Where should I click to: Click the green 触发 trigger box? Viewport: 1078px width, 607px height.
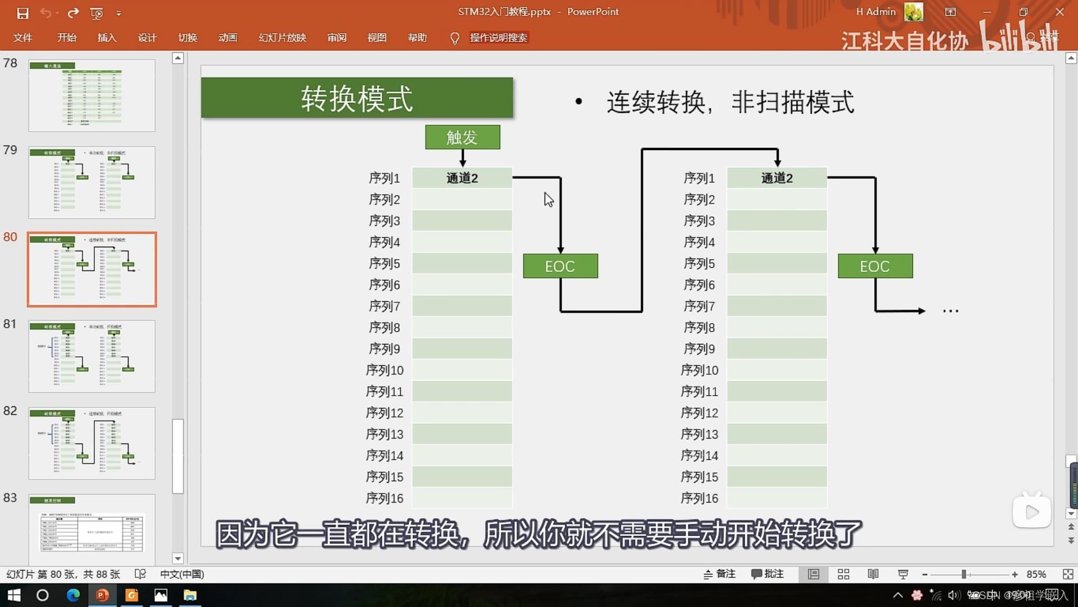click(462, 137)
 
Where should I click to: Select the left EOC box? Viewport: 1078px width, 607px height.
click(560, 266)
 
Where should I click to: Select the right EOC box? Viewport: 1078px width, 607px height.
click(875, 266)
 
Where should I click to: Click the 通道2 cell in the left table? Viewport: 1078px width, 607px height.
click(462, 178)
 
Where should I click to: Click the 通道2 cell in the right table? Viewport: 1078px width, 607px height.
click(776, 178)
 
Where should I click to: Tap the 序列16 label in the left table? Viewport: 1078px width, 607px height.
click(385, 498)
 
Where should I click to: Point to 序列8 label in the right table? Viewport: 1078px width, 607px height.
click(699, 327)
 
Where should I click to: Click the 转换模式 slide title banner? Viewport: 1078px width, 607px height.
click(357, 98)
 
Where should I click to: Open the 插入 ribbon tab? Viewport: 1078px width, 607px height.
click(107, 38)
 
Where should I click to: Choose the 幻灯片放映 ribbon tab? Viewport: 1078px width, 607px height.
click(282, 38)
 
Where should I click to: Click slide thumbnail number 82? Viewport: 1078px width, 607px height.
click(92, 443)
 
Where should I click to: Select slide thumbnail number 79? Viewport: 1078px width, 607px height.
click(92, 182)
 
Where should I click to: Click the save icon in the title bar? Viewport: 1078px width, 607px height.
click(22, 13)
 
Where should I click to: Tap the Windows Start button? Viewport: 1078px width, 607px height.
click(13, 595)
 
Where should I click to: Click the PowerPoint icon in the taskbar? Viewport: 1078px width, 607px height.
click(102, 595)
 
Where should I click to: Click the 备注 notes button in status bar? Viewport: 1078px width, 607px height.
click(719, 574)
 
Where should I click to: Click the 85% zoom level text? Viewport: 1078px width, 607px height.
click(1036, 574)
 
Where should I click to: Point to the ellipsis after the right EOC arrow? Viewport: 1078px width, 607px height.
click(951, 311)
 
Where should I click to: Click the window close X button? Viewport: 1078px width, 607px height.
click(1059, 12)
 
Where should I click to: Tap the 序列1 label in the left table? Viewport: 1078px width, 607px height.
click(385, 178)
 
